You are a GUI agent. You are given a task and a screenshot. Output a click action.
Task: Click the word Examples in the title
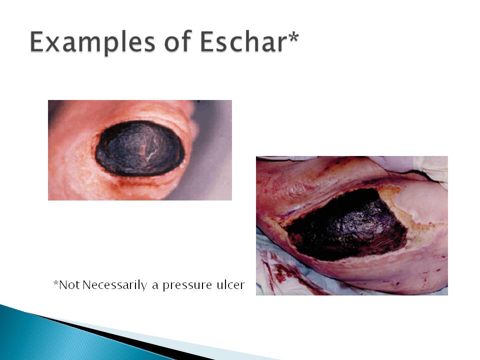point(93,42)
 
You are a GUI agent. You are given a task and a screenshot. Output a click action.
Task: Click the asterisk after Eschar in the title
point(293,36)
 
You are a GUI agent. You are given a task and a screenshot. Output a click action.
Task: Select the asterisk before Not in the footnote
point(55,282)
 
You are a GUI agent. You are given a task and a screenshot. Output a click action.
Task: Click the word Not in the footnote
point(69,284)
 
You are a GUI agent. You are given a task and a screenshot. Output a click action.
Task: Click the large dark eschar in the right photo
point(346,225)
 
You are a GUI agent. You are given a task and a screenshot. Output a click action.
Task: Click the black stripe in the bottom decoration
point(128,336)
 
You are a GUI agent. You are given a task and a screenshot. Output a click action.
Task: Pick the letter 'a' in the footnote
point(155,286)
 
